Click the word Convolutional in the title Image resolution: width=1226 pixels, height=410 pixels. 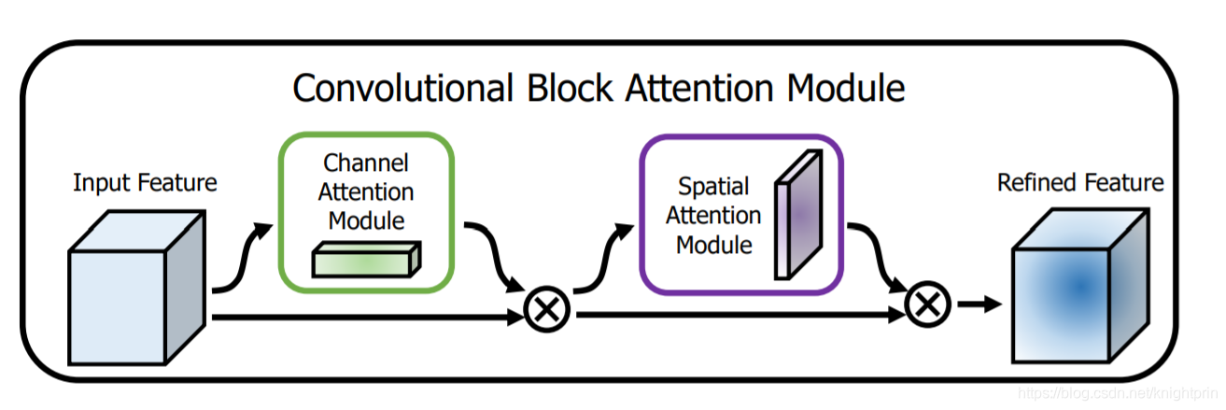tap(401, 88)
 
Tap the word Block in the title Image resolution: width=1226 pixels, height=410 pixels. tap(566, 88)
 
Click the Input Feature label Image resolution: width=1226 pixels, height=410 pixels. tap(145, 182)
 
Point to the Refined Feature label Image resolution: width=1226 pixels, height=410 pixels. tap(1080, 182)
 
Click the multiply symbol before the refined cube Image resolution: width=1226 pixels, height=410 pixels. tap(927, 303)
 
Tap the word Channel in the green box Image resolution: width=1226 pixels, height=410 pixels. tap(366, 163)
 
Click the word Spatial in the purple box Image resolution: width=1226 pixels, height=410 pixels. tap(713, 188)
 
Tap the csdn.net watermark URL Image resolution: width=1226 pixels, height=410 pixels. tap(1119, 395)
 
